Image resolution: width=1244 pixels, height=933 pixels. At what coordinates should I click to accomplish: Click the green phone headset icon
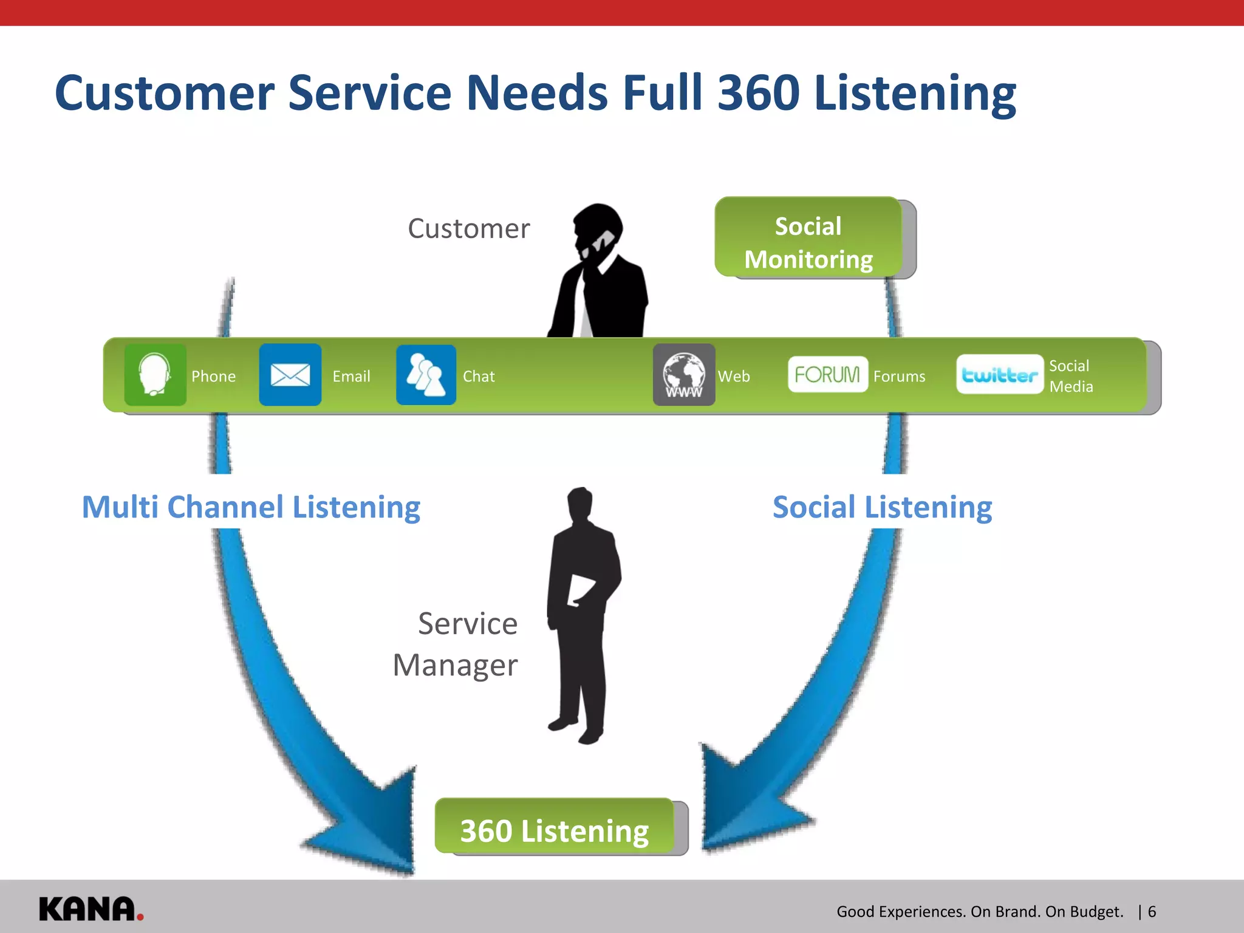pos(155,375)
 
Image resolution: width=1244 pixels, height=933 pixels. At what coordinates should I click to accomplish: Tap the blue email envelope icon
pos(290,375)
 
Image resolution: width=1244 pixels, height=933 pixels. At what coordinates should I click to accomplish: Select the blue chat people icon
pos(426,375)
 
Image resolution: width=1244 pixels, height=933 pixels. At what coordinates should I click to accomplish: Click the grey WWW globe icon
pos(684,375)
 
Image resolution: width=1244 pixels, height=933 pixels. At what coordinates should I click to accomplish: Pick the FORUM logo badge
pos(827,374)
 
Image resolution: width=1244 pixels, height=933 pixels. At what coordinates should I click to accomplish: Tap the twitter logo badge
pos(999,375)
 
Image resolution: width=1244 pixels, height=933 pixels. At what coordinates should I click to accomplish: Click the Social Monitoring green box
pos(808,238)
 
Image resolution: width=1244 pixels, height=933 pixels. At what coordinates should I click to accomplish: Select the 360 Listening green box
pos(555,829)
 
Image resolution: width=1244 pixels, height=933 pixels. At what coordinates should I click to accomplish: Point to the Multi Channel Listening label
pos(251,508)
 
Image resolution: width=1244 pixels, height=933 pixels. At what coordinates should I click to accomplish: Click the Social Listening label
pos(882,508)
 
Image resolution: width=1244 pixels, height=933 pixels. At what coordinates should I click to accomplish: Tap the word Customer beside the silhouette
pos(468,229)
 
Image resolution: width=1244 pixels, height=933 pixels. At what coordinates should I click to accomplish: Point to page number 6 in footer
pos(1152,912)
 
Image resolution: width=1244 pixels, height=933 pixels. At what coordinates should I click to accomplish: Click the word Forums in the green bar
pos(899,377)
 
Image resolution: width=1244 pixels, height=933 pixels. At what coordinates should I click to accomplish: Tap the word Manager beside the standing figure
pos(455,666)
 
